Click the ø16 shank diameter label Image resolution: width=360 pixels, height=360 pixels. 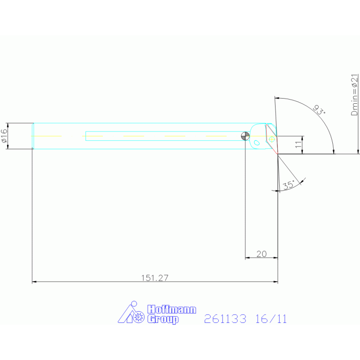point(4,136)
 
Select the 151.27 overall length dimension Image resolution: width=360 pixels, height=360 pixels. point(155,278)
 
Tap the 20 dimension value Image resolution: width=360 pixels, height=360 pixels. point(261,254)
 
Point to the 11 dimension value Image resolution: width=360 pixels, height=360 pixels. point(298,145)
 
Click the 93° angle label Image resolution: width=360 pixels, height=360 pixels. point(319,109)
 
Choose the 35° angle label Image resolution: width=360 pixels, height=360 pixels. point(289,185)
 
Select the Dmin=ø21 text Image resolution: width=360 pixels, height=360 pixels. point(354,95)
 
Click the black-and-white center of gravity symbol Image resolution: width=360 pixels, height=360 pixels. point(245,136)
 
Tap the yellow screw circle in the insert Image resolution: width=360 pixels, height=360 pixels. point(272,139)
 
